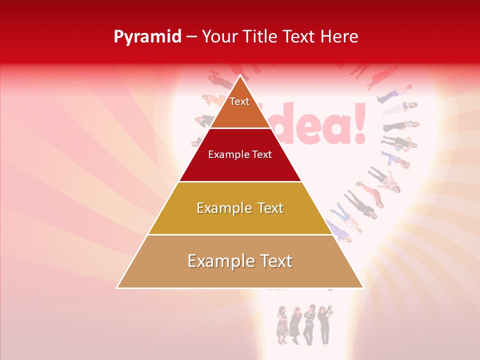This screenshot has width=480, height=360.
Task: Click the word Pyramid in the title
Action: click(x=147, y=37)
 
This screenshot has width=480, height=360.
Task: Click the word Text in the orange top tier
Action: click(x=239, y=101)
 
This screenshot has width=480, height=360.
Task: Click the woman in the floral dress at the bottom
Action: click(x=282, y=325)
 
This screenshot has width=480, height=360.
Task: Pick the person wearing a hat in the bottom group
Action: click(x=295, y=325)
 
